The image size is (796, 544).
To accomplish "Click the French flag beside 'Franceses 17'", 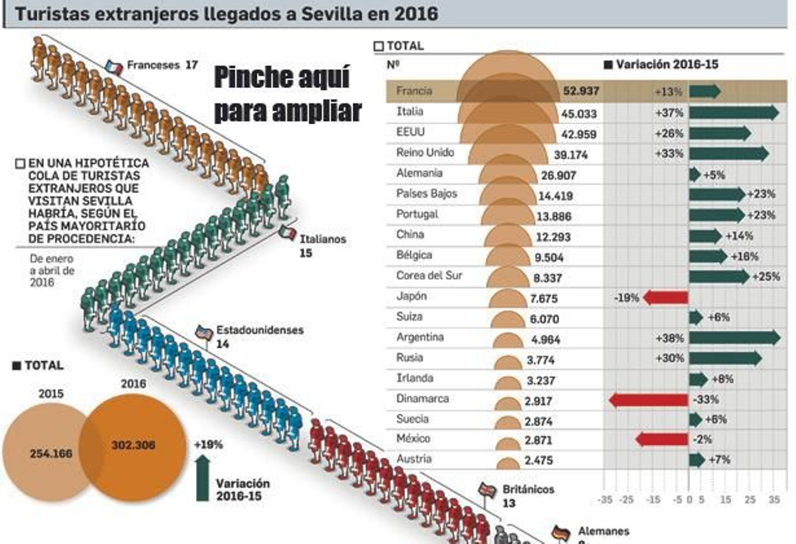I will tap(114, 67).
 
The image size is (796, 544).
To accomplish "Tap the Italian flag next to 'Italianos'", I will tap(288, 232).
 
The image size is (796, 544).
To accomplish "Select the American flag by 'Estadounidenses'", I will tap(204, 332).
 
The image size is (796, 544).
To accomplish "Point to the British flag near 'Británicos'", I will tap(487, 490).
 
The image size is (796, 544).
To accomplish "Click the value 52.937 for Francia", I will tap(581, 91).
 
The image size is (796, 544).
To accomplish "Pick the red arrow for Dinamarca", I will tap(648, 400).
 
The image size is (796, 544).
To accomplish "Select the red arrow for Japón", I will tap(665, 298).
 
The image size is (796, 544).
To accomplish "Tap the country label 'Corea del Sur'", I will tap(429, 276).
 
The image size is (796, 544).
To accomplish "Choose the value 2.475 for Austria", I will tap(538, 460).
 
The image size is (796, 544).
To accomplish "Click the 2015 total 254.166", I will tap(51, 453).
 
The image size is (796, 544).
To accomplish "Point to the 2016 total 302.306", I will tap(133, 445).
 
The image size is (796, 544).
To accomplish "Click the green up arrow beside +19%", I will tap(202, 478).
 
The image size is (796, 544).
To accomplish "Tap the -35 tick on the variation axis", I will tap(604, 500).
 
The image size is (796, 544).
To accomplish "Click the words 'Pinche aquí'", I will tap(282, 78).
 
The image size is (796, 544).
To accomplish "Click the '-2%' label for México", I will tap(702, 439).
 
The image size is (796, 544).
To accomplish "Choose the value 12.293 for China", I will tap(553, 237).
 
